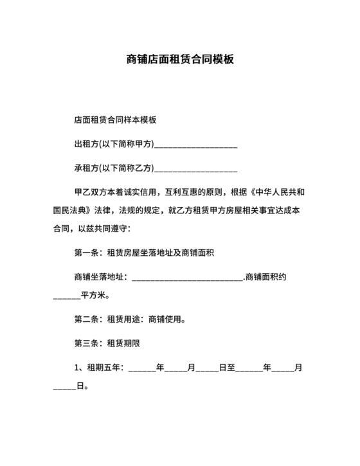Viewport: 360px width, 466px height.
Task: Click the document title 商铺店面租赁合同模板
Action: [x=179, y=60]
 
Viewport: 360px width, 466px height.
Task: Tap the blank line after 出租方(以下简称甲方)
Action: [x=196, y=145]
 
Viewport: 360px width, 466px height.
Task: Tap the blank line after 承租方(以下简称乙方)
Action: [x=196, y=168]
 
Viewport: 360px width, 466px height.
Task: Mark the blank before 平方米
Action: [x=66, y=298]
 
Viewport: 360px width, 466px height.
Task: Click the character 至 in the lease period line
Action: [x=231, y=368]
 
